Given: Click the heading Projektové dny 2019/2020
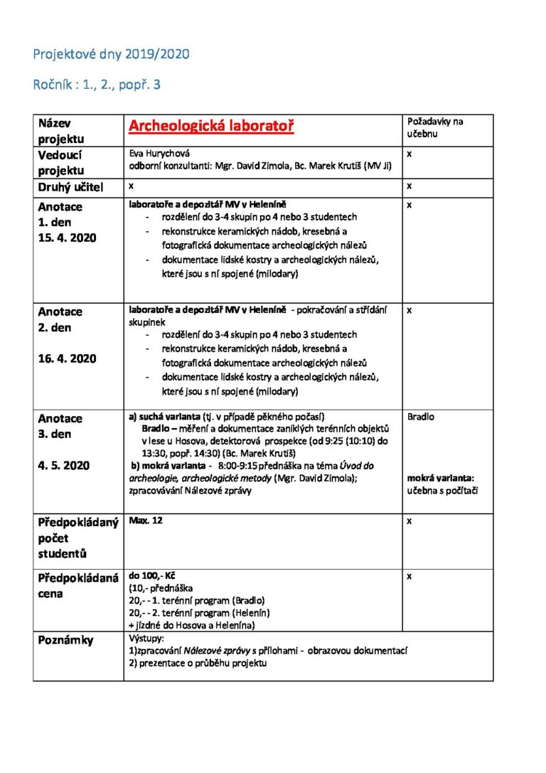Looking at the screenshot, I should pyautogui.click(x=111, y=54).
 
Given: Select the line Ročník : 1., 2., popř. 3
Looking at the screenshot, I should pyautogui.click(x=97, y=85).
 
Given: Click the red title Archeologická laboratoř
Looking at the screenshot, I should pyautogui.click(x=211, y=127).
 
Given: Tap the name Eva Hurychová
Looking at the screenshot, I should pyautogui.click(x=159, y=153).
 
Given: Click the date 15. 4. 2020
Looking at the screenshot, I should pyautogui.click(x=67, y=238).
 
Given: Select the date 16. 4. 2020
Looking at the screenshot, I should pyautogui.click(x=67, y=358).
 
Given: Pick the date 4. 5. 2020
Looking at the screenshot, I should pyautogui.click(x=64, y=465).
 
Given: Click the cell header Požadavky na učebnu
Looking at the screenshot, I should pyautogui.click(x=435, y=127).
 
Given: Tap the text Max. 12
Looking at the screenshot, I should pyautogui.click(x=146, y=521).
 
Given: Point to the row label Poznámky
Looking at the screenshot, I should pyautogui.click(x=65, y=640).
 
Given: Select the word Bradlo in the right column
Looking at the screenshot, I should pyautogui.click(x=421, y=417).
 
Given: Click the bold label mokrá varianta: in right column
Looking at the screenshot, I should pyautogui.click(x=440, y=479).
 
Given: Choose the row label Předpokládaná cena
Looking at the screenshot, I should pyautogui.click(x=77, y=585).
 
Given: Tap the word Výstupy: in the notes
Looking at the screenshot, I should pyautogui.click(x=147, y=639).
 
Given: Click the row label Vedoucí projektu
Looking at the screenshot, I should pyautogui.click(x=61, y=163).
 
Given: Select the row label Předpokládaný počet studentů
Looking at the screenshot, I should pyautogui.click(x=77, y=538).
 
